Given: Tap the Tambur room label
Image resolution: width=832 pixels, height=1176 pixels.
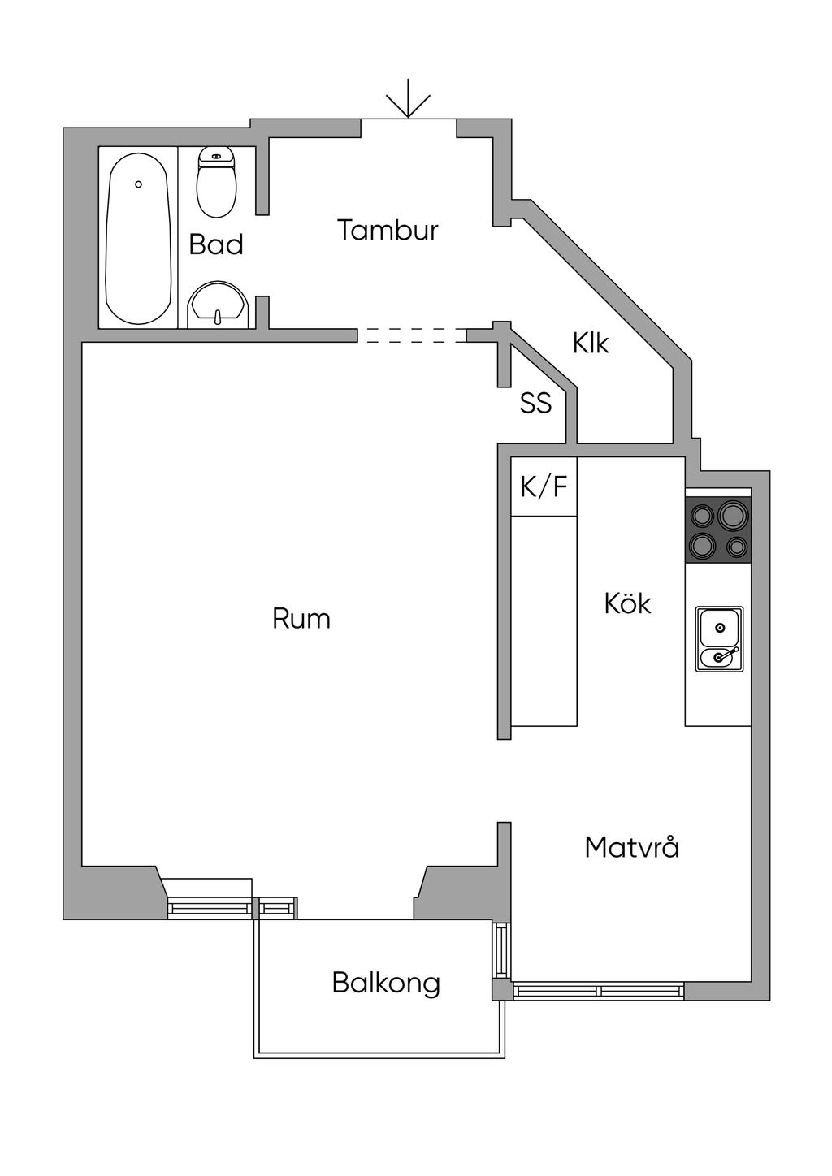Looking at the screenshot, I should point(388,231).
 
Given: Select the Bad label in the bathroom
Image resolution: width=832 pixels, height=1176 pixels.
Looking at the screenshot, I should point(216,244).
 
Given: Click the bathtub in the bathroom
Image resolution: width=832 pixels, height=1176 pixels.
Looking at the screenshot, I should point(139,239).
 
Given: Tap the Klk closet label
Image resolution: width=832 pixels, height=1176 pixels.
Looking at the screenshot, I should point(591,344).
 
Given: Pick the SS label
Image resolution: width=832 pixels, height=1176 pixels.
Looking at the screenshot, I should point(535,403).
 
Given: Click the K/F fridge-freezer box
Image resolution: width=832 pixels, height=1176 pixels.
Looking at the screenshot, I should point(544,487).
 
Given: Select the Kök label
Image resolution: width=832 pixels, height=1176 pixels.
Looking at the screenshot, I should point(627,603).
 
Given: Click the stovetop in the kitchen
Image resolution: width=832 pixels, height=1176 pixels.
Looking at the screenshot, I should point(718,529).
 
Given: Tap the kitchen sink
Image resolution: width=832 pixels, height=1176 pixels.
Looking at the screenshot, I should point(719,638).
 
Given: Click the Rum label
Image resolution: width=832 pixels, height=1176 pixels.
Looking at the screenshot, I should point(301,619).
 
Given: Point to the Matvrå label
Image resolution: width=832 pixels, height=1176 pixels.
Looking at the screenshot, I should point(631,848).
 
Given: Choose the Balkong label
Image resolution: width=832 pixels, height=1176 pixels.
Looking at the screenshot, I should point(386,983).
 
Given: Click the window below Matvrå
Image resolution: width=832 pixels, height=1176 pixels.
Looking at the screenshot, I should point(598,991).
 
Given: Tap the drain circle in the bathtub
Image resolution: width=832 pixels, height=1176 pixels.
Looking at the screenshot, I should point(139,184).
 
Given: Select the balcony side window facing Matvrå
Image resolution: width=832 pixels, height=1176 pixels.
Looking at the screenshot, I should point(500,950).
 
